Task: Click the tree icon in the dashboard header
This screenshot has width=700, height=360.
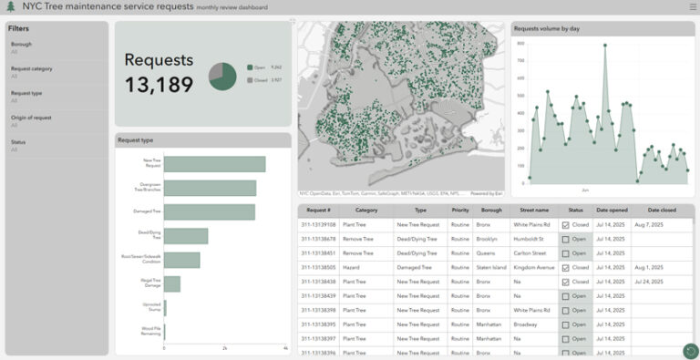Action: (x=11, y=7)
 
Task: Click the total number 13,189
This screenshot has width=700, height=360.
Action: (x=159, y=85)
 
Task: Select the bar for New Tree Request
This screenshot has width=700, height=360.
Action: (x=214, y=164)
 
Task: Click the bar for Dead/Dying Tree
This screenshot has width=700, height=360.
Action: (x=186, y=236)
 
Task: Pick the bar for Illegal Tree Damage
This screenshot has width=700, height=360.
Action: (x=172, y=283)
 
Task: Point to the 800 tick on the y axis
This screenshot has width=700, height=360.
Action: (x=521, y=43)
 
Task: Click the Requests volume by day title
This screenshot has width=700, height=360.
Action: (x=547, y=28)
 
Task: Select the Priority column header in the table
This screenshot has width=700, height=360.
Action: (x=460, y=210)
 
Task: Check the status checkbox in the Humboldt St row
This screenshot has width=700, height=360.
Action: (x=565, y=239)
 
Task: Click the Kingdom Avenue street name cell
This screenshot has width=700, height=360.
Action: (x=533, y=267)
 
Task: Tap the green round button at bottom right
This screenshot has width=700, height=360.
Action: (x=690, y=350)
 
